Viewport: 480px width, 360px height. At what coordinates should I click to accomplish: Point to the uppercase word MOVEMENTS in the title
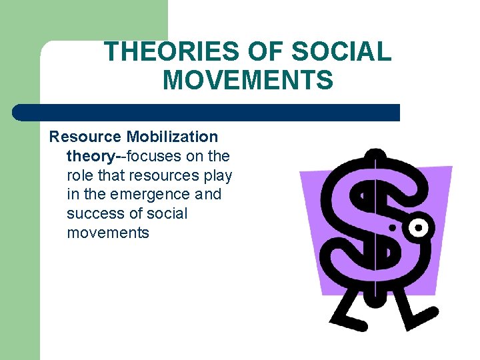pos(247,81)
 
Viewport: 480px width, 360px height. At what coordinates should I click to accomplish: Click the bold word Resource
pos(85,137)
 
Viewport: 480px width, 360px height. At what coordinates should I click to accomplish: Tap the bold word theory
pos(91,156)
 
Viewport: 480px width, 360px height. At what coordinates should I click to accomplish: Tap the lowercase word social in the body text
pos(167,214)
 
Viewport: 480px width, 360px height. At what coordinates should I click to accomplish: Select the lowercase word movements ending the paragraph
pos(108,233)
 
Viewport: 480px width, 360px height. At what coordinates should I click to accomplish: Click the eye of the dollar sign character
pos(417,229)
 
